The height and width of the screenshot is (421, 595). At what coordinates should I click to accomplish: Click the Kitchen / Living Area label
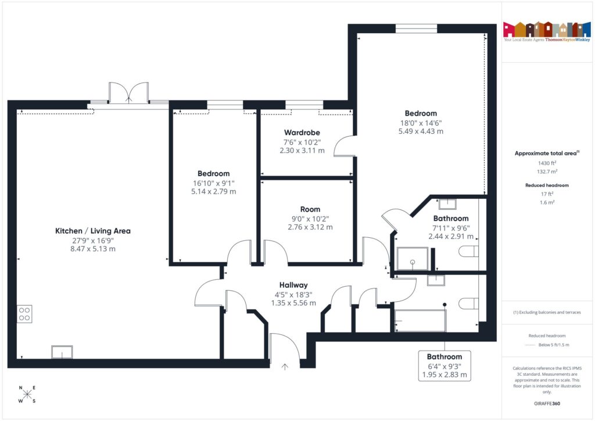click(92, 231)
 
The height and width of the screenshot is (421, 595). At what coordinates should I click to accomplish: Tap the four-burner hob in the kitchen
click(24, 314)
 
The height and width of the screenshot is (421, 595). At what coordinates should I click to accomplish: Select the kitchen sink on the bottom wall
click(62, 352)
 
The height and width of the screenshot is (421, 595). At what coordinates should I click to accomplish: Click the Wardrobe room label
click(302, 133)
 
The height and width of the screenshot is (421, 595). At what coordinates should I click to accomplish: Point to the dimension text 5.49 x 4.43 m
click(421, 131)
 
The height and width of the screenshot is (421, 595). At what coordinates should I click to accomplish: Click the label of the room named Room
click(310, 209)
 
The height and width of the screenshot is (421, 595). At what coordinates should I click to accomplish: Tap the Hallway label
click(293, 285)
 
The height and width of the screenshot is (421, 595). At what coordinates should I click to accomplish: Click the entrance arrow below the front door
click(285, 366)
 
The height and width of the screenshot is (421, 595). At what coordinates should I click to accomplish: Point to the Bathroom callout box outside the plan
click(445, 366)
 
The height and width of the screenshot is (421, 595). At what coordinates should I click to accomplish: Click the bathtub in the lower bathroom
click(420, 320)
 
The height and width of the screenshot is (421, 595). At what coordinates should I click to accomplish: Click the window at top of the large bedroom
click(416, 28)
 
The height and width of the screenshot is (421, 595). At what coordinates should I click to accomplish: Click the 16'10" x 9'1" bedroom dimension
click(213, 183)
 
